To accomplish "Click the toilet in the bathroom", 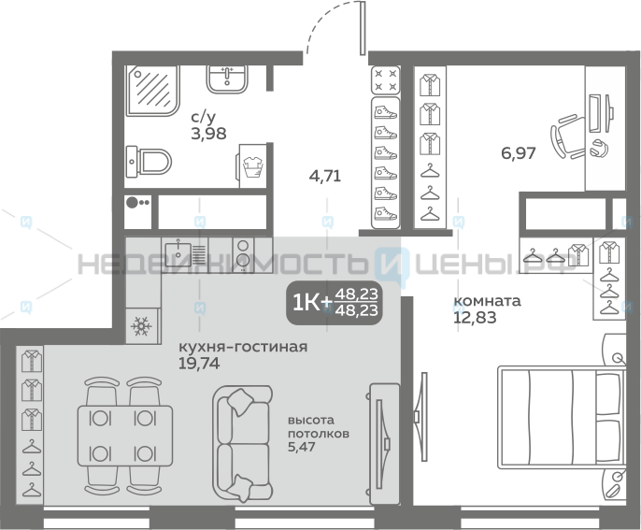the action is pos(148,162).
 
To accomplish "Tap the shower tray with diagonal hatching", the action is pos(153,91).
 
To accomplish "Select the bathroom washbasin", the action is pos(226,79).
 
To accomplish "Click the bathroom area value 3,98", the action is pos(208,134).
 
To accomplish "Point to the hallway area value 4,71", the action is pos(325,177).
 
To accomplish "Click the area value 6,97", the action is pos(519,153).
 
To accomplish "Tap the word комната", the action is pos(488,301).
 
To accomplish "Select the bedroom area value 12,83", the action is pos(475,318).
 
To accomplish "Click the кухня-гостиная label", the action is pos(243,347).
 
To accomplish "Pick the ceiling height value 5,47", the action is pos(302,446).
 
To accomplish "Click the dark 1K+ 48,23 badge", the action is pos(335,303).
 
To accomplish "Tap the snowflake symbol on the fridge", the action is pos(141,326).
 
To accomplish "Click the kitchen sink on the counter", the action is pos(178,254).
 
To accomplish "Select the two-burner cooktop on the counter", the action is pos(243,254).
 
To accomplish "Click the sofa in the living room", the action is pos(242,443).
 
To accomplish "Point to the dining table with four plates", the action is pos(124,436).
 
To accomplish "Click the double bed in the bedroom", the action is pos(562,417).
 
